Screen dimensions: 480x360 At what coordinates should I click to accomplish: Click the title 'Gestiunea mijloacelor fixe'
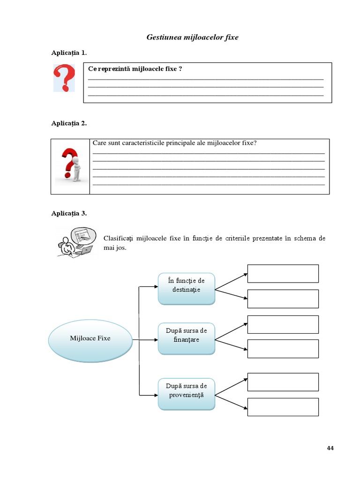click(x=192, y=37)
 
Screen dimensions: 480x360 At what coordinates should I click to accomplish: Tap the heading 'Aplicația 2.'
click(x=69, y=123)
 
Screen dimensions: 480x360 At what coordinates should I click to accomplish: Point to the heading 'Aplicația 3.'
click(x=69, y=213)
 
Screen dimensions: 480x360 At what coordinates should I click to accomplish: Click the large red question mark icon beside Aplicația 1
click(x=64, y=78)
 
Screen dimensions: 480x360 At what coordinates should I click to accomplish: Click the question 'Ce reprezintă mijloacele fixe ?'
click(x=135, y=69)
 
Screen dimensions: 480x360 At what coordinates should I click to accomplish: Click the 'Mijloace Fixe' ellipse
click(x=90, y=338)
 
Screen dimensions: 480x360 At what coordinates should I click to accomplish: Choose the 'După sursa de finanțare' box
click(x=186, y=335)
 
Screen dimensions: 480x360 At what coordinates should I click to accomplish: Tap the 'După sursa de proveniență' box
click(x=186, y=390)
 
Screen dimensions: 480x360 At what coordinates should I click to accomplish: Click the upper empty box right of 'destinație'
click(x=283, y=274)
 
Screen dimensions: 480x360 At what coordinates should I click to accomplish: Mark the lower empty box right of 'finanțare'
click(x=283, y=349)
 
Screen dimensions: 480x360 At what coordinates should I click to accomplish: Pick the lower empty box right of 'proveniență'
click(x=283, y=407)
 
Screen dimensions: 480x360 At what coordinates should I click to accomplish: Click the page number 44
click(x=330, y=448)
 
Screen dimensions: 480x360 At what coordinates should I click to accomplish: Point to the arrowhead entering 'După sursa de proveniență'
click(x=156, y=396)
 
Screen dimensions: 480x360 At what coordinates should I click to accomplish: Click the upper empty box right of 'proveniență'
click(x=283, y=382)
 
